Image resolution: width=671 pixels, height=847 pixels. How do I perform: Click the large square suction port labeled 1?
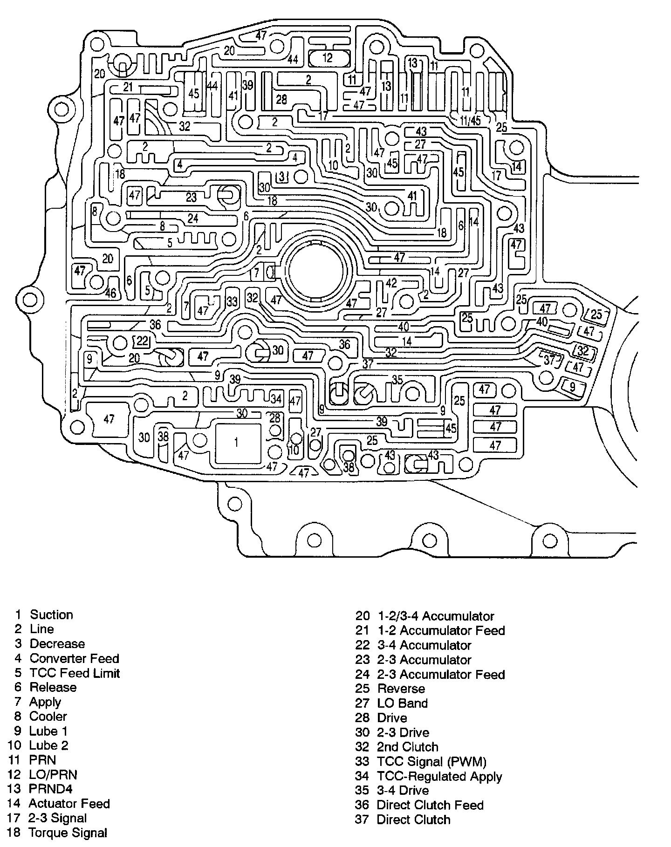(237, 443)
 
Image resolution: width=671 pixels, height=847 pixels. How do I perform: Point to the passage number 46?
(110, 293)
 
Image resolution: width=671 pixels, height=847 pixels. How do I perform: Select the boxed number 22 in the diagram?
(142, 341)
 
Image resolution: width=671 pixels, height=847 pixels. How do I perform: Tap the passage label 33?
(232, 301)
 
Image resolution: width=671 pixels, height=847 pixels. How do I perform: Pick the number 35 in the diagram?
(397, 380)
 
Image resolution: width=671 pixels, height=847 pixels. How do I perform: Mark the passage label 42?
(391, 283)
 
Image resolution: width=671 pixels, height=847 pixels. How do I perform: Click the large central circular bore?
(317, 270)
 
